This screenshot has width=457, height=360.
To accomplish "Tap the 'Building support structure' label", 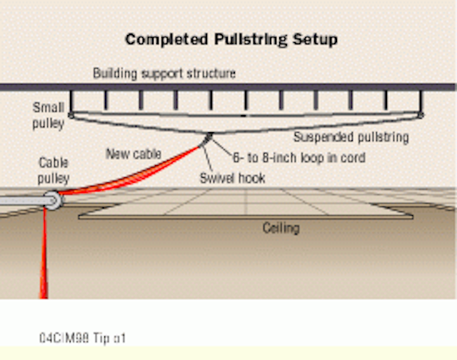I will [164, 74].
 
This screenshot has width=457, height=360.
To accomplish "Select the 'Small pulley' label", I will [48, 115].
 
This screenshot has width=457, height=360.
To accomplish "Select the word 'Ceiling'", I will [280, 229].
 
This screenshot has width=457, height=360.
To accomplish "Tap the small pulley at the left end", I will [71, 114].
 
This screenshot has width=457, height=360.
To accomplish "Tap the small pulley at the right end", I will [420, 114].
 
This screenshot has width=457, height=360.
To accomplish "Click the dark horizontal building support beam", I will [228, 87].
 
